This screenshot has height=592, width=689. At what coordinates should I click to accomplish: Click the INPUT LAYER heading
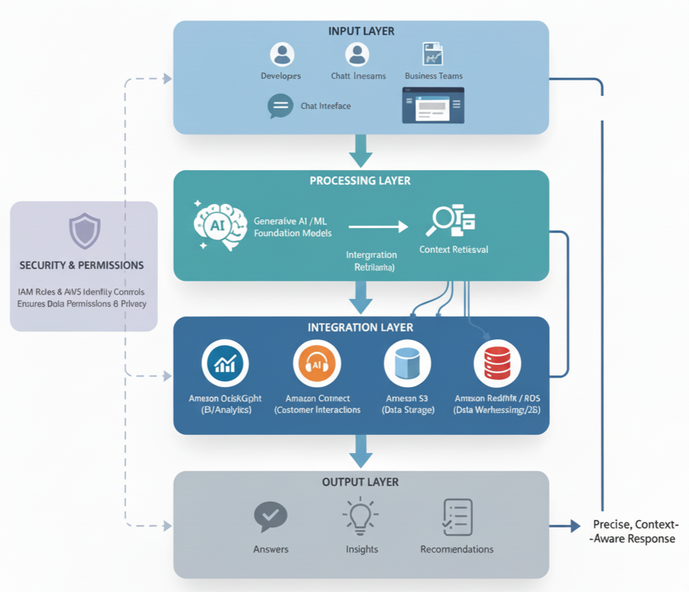click(x=361, y=31)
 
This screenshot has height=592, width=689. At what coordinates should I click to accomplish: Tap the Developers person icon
click(x=282, y=54)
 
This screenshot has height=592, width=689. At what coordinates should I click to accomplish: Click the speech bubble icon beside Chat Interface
click(x=280, y=106)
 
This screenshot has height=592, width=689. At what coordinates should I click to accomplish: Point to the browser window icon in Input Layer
click(x=433, y=105)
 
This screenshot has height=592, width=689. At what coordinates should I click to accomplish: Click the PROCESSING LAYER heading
click(x=360, y=181)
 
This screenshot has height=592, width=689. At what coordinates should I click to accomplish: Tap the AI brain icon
click(x=219, y=225)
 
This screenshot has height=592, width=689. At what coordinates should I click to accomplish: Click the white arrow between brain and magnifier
click(x=378, y=227)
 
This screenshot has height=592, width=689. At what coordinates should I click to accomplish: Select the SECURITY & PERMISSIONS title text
click(x=82, y=265)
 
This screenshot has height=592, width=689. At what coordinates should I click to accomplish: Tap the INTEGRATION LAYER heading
click(x=361, y=327)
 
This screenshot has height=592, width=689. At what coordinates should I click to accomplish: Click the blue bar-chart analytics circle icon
click(x=225, y=363)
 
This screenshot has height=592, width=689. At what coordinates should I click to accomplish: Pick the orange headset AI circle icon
click(x=317, y=363)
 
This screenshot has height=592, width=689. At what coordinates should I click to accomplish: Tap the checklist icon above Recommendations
click(x=457, y=517)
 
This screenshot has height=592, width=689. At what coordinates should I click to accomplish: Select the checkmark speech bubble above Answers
click(x=270, y=517)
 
